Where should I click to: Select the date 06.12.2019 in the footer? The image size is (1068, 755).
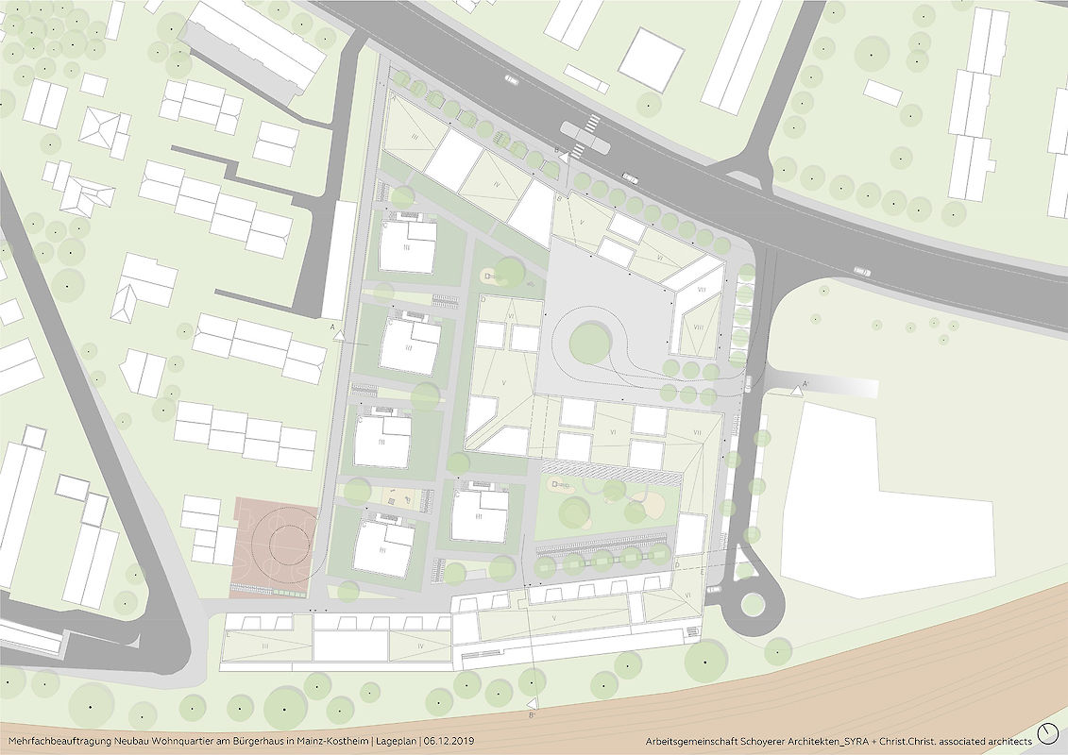[x=449, y=742]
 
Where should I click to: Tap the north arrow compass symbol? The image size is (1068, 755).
[x=1048, y=734]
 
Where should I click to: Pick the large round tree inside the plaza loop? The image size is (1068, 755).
[x=590, y=340]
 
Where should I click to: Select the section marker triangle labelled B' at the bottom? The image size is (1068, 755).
[x=533, y=703]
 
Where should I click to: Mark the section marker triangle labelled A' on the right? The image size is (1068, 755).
[x=799, y=390]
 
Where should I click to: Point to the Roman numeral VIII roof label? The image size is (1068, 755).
[x=698, y=327]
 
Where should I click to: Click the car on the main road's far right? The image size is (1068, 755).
[x=862, y=272]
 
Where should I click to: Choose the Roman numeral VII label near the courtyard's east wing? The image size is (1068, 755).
[x=696, y=432]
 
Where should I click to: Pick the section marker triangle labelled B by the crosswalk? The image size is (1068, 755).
[x=564, y=159]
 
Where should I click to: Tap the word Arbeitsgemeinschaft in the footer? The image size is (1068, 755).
[x=687, y=742]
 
